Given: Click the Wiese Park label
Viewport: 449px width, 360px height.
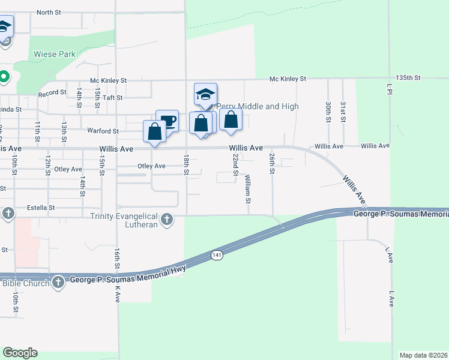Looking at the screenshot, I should point(55,54).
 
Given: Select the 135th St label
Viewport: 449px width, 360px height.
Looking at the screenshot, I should point(408,78).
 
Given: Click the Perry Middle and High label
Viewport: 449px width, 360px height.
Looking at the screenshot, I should point(257,106).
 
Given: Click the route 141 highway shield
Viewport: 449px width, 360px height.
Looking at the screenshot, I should point(217,256).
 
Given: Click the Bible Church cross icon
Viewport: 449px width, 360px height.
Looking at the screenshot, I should point(58,282).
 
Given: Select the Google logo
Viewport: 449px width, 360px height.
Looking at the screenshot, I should point(20,353).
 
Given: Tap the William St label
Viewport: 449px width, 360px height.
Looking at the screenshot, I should point(247,189).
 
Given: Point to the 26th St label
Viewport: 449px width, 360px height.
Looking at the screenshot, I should point(272,163).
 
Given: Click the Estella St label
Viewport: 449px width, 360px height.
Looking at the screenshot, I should point(41,208).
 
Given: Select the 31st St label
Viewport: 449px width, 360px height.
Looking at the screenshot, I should point(343,111).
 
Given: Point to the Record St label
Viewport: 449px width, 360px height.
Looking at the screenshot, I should point(52,93).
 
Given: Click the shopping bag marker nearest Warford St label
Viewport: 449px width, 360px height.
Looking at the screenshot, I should point(154,131).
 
